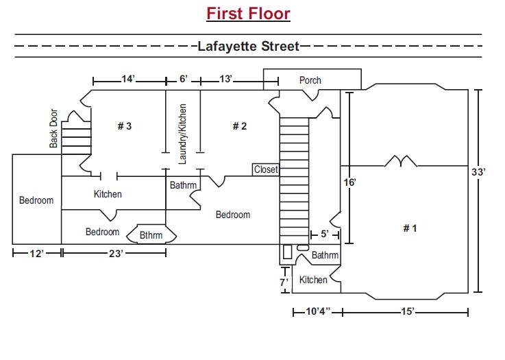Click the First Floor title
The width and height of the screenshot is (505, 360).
[x=249, y=14]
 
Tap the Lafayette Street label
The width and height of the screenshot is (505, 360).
[x=248, y=47]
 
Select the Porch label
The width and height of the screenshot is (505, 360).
[x=310, y=80]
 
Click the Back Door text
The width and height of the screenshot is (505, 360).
[x=53, y=130]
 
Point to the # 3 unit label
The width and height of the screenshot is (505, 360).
[x=124, y=125]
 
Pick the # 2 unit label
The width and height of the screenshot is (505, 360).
[x=239, y=125]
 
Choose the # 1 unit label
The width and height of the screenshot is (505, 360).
[x=409, y=228]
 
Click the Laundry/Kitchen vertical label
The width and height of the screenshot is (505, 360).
[x=182, y=134]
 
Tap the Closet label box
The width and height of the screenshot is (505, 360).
[x=266, y=169]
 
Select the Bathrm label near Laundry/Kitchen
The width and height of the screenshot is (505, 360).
[x=183, y=185]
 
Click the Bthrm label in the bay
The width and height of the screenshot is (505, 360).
[x=151, y=235]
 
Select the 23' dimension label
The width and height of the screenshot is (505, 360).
[x=116, y=254]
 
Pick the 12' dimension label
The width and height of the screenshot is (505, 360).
[x=37, y=254]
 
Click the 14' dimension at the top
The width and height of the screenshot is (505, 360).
[x=128, y=80]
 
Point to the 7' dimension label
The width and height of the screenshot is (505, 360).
[x=282, y=282]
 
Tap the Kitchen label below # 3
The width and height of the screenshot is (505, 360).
[x=108, y=194]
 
